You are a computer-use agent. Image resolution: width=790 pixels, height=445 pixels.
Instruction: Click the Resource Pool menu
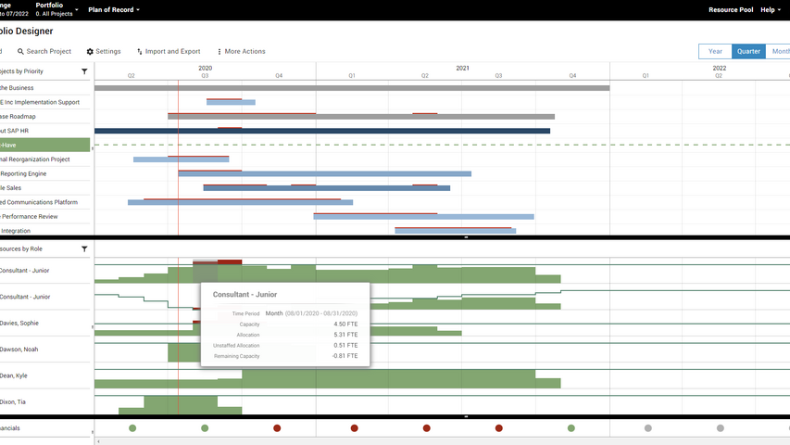pyautogui.click(x=730, y=9)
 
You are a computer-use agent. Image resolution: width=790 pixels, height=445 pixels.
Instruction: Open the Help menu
pyautogui.click(x=770, y=9)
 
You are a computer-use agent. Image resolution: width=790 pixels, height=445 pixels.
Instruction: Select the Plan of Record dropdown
pyautogui.click(x=114, y=9)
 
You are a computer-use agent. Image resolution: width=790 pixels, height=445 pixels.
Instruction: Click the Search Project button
pyautogui.click(x=44, y=52)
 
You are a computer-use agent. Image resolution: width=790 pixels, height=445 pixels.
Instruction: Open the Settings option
pyautogui.click(x=104, y=52)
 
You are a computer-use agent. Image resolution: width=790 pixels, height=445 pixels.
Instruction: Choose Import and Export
pyautogui.click(x=168, y=52)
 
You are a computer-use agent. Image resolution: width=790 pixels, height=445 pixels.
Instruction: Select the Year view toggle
pyautogui.click(x=715, y=52)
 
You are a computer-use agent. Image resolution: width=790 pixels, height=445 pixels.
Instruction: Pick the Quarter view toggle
pyautogui.click(x=748, y=52)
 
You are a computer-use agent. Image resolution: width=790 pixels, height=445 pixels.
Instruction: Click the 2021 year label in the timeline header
pyautogui.click(x=462, y=68)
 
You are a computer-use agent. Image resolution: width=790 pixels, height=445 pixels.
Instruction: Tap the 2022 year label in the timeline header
pyautogui.click(x=719, y=68)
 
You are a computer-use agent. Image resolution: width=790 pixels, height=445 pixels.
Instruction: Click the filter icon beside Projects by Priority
pyautogui.click(x=84, y=71)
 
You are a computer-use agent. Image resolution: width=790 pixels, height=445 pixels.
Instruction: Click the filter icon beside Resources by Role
pyautogui.click(x=84, y=249)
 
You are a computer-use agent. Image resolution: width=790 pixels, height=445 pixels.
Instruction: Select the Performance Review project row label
pyautogui.click(x=30, y=216)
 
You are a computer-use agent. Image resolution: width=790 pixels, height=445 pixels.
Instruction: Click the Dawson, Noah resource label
pyautogui.click(x=19, y=350)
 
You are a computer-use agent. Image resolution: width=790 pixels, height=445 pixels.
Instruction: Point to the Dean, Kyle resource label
pyautogui.click(x=14, y=375)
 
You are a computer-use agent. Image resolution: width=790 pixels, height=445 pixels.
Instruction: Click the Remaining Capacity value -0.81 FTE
pyautogui.click(x=345, y=356)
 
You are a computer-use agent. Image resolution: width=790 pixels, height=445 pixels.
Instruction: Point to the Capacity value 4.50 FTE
pyautogui.click(x=345, y=324)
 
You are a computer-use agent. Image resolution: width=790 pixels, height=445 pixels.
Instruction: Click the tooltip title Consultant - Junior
pyautogui.click(x=245, y=295)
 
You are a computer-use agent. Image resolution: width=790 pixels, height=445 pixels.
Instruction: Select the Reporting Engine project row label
pyautogui.click(x=24, y=173)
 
